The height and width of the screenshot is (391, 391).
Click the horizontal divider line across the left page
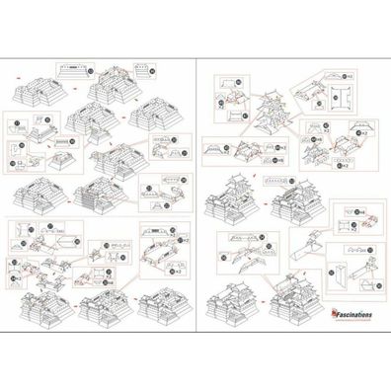click(99, 214)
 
